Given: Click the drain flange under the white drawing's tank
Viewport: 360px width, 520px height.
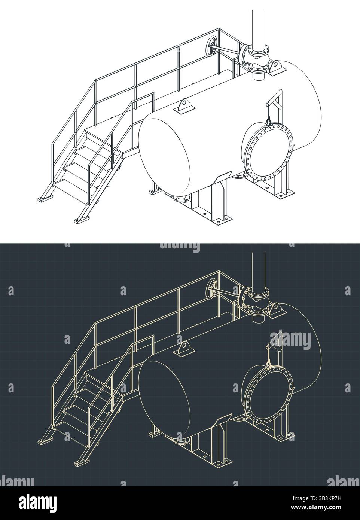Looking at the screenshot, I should click(179, 199).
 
